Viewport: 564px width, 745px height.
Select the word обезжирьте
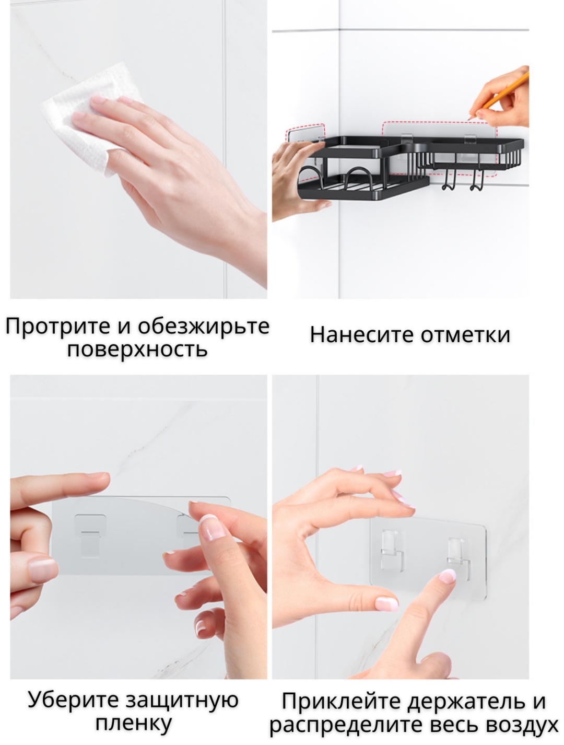[x=203, y=327]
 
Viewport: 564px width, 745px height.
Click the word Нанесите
[x=362, y=335]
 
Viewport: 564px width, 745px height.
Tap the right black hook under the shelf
[x=475, y=179]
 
